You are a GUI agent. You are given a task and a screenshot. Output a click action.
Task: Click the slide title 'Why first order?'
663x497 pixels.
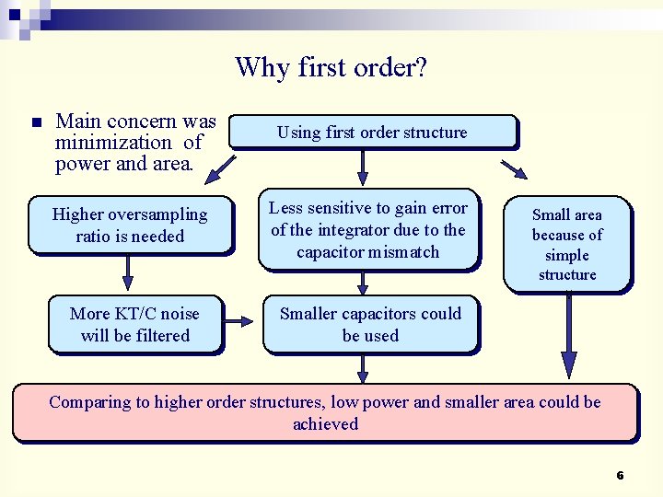pyautogui.click(x=331, y=67)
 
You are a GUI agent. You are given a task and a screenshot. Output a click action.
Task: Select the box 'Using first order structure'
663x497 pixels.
pyautogui.click(x=372, y=133)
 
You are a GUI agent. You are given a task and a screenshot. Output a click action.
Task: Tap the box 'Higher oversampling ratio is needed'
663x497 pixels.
pyautogui.click(x=130, y=225)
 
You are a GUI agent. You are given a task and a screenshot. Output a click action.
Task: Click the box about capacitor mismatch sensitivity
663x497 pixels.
pyautogui.click(x=368, y=231)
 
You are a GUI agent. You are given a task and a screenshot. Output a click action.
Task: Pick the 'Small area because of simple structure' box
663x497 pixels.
pyautogui.click(x=567, y=244)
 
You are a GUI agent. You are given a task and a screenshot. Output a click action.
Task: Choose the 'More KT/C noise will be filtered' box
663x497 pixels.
pyautogui.click(x=134, y=325)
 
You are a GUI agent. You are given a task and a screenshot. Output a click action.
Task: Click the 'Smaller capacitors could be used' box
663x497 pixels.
pyautogui.click(x=370, y=325)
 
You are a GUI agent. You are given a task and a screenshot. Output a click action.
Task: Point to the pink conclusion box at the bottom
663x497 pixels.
pyautogui.click(x=324, y=412)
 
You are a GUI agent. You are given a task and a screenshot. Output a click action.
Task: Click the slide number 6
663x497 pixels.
pyautogui.click(x=620, y=476)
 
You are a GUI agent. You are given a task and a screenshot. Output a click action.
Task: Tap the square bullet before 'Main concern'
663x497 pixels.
pyautogui.click(x=36, y=122)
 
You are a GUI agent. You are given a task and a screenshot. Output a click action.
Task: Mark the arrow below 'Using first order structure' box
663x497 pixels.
pyautogui.click(x=363, y=167)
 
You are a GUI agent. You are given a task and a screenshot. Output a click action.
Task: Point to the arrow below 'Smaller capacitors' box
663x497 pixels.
pyautogui.click(x=363, y=368)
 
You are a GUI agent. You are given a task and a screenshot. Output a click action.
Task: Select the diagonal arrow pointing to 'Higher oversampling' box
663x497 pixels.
pyautogui.click(x=220, y=168)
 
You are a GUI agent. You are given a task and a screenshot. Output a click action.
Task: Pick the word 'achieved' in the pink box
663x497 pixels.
pyautogui.click(x=325, y=424)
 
